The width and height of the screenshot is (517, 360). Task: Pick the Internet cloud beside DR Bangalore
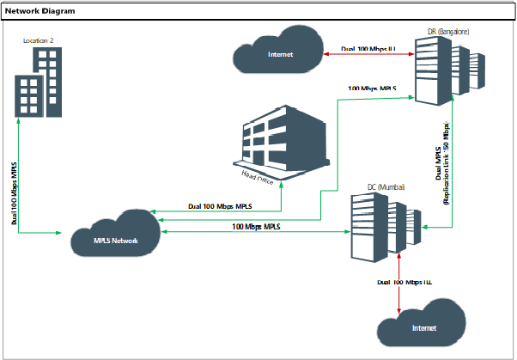pyautogui.click(x=279, y=54)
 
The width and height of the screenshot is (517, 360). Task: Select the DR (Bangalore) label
pyautogui.click(x=448, y=32)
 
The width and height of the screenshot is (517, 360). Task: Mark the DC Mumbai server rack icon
pyautogui.click(x=386, y=227)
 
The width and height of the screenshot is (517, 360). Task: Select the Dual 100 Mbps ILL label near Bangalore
pyautogui.click(x=368, y=49)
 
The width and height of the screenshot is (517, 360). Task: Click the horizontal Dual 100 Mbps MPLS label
pyautogui.click(x=220, y=207)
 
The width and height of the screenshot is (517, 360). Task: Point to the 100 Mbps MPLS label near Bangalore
pyautogui.click(x=372, y=88)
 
